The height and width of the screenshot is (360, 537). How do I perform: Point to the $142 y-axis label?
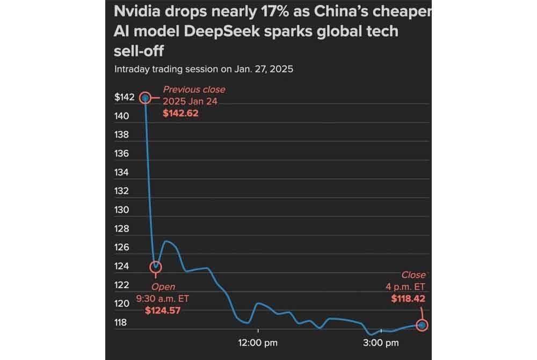(x=124, y=97)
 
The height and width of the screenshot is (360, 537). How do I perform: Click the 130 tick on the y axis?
(x=122, y=210)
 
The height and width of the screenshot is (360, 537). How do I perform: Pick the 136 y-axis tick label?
(x=122, y=154)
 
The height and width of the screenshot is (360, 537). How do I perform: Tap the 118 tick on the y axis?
(x=122, y=322)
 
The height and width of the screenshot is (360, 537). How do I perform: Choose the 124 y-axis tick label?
(x=122, y=266)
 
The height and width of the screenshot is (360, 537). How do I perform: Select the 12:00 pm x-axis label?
(x=258, y=342)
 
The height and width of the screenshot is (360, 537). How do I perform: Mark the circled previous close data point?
(x=144, y=98)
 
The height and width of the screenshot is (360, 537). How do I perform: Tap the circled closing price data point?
(x=423, y=325)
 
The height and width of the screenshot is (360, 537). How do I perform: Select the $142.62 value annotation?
(x=180, y=113)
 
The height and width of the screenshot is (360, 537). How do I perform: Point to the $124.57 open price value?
(x=163, y=310)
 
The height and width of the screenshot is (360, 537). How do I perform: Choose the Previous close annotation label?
(x=194, y=90)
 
